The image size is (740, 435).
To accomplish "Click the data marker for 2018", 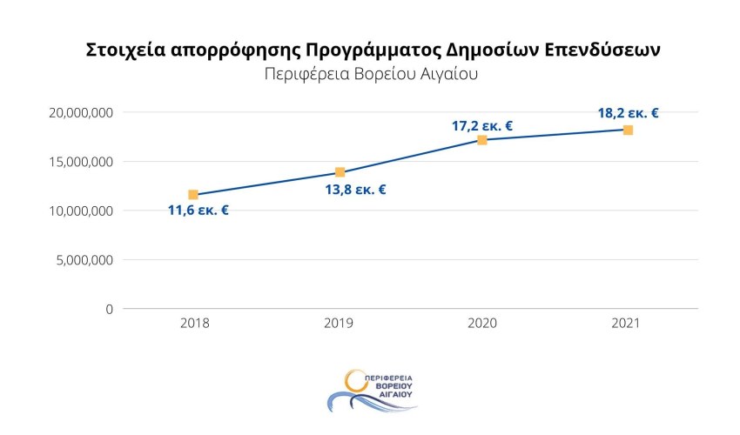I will [192, 194].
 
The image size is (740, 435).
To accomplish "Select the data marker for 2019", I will [340, 172].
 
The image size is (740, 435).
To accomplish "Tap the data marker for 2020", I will [481, 139].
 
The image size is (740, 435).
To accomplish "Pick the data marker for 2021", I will [628, 130].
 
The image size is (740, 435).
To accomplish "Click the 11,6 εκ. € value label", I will [198, 211].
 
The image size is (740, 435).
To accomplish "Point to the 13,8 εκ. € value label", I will [355, 190].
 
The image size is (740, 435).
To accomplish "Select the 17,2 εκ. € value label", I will [481, 125].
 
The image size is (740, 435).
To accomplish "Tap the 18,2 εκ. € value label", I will [628, 112].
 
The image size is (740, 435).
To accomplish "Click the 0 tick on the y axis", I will [110, 309].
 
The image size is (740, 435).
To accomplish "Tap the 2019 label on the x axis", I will [340, 323].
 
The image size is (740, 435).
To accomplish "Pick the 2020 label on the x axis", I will [481, 323].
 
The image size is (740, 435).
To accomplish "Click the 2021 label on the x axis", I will [626, 323].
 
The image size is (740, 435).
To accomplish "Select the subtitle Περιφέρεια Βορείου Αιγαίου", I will [371, 74].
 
